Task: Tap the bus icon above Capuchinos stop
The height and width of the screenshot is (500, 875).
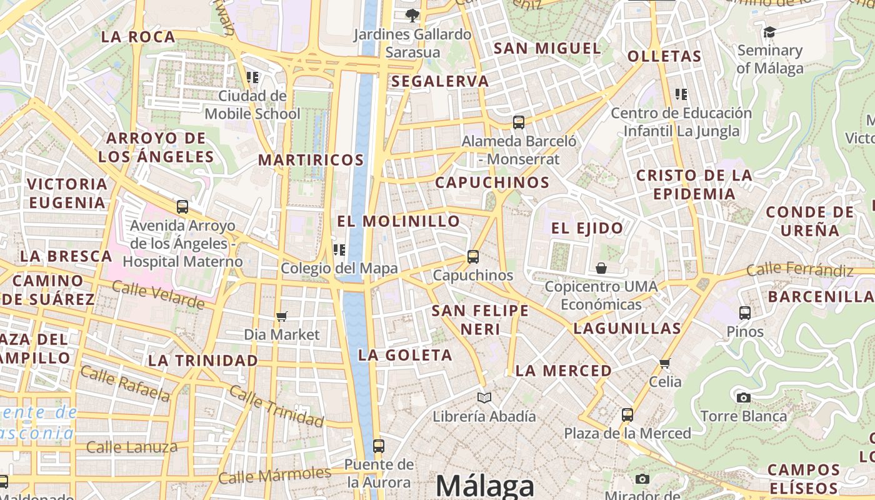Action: click(x=473, y=257)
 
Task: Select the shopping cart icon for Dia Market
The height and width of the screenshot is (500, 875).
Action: click(x=282, y=316)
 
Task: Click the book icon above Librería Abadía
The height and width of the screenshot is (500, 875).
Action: click(x=484, y=397)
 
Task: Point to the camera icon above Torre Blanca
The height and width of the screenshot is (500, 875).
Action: click(x=743, y=397)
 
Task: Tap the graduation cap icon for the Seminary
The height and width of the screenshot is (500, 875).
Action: click(x=770, y=32)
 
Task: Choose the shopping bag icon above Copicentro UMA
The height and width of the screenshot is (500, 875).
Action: click(x=601, y=268)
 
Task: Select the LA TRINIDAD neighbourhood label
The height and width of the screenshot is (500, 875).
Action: click(x=203, y=361)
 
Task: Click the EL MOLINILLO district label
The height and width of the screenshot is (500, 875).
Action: click(x=399, y=221)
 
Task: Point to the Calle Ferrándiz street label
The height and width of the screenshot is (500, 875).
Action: click(x=800, y=271)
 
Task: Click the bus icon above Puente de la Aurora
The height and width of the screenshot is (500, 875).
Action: click(x=379, y=446)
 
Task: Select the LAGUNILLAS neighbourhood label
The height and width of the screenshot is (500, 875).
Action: click(x=627, y=328)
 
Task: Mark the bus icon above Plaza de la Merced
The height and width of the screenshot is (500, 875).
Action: click(x=627, y=414)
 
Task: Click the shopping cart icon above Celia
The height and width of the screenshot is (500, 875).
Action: click(x=664, y=363)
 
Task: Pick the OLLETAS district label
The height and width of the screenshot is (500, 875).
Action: click(x=664, y=56)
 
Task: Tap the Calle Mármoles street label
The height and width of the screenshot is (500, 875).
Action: click(x=275, y=476)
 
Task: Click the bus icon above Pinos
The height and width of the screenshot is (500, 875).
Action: click(x=745, y=313)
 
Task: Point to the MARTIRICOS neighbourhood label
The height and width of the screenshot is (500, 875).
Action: click(x=311, y=160)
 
